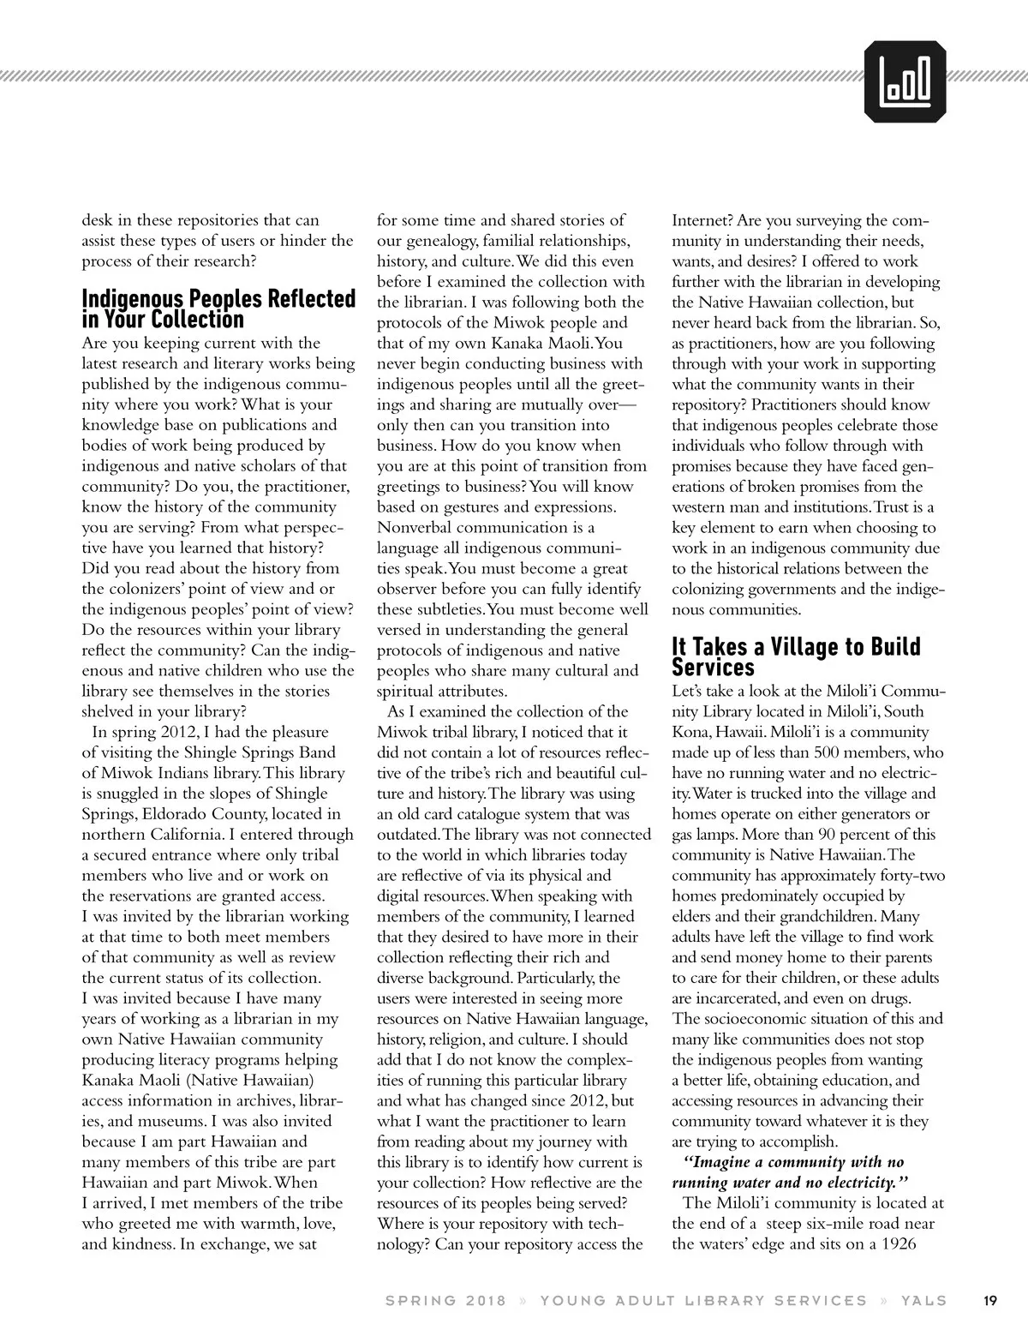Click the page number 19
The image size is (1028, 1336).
989,1300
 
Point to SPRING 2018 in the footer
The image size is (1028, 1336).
445,1301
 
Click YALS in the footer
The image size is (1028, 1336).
923,1301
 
